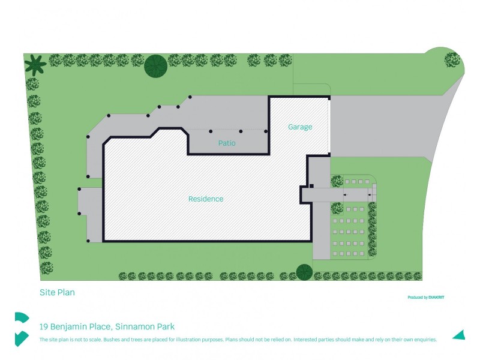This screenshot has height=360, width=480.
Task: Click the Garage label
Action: (300, 127)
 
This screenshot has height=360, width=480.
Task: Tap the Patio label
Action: (227, 143)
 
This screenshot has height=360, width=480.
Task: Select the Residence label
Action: (206, 199)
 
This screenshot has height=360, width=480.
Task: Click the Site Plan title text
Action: (57, 292)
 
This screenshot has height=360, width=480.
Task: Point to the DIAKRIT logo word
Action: (436, 297)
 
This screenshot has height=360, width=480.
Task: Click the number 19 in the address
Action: (43, 326)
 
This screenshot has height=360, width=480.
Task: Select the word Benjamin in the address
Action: (68, 327)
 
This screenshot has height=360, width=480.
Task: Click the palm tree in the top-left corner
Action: (35, 65)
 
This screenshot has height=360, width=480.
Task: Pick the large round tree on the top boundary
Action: (155, 66)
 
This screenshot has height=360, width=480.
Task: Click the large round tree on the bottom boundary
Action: (304, 272)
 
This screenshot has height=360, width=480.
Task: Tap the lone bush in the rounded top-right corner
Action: (452, 59)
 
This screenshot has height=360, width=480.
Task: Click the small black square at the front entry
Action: (311, 186)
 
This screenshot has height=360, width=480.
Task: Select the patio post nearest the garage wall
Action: (266, 131)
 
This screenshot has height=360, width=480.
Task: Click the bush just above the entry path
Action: (337, 181)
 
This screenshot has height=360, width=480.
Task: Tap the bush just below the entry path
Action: (337, 208)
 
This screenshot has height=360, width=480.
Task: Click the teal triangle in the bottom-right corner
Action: (459, 335)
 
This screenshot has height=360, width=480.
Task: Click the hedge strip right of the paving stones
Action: (372, 229)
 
